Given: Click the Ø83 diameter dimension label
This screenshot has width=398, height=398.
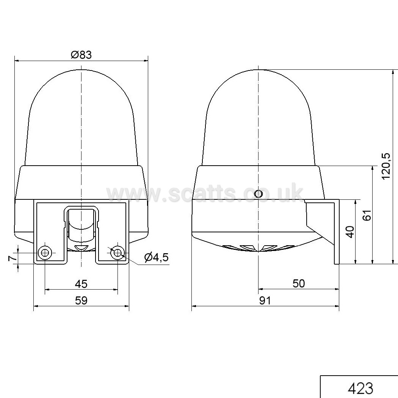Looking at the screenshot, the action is [x=81, y=55].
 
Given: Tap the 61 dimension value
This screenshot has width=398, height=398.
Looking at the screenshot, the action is [x=367, y=215].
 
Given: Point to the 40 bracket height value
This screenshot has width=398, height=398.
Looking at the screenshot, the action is [x=350, y=232].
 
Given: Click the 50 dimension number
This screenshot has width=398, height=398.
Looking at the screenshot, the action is [x=299, y=284].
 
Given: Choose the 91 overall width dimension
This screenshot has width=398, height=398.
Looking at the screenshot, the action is [x=265, y=301].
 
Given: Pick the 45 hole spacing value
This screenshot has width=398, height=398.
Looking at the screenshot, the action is [x=81, y=284].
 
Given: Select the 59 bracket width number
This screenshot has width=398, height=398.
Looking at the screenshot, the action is [x=81, y=301].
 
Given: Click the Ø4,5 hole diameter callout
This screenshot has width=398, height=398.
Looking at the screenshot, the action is [x=156, y=257].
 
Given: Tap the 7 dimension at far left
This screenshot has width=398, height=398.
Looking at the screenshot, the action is [x=13, y=259].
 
